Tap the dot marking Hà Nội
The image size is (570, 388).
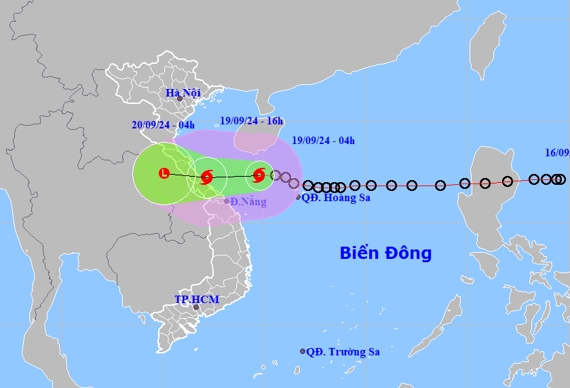point(180,99)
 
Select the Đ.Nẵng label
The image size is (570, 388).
point(248,202)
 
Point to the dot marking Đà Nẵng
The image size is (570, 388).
point(227,200)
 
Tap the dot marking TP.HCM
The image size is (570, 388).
point(196,307)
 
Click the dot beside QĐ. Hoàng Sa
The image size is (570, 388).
point(298,197)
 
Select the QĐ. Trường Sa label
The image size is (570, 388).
point(343,352)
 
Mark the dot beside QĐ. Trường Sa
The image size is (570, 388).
point(303,351)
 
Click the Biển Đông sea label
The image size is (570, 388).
point(385,253)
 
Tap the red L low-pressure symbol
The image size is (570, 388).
point(164,173)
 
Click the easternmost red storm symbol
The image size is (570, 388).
point(259,176)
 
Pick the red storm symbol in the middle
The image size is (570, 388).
point(206,178)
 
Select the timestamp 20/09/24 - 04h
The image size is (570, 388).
point(163,124)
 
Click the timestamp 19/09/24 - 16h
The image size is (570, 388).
point(252,121)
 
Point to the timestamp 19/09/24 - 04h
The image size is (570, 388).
point(323,141)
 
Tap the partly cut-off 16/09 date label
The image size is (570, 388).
point(557,153)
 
